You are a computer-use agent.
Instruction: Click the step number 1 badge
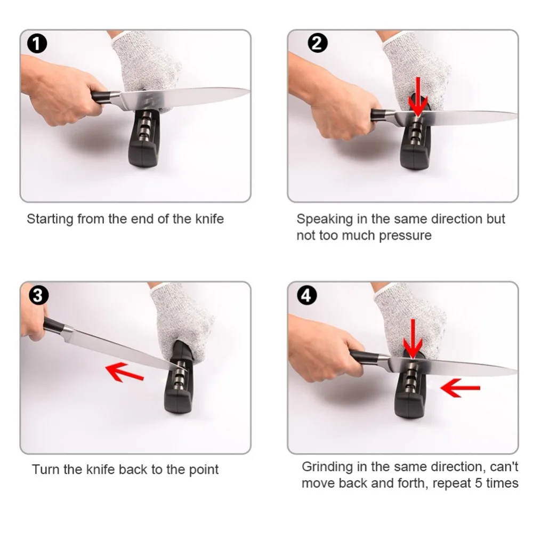[37, 44]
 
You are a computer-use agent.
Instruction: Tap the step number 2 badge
[317, 43]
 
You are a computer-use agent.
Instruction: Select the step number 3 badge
[38, 295]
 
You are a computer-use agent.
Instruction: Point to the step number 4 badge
[306, 295]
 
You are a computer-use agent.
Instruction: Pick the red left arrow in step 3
[124, 372]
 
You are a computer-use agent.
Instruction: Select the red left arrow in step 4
[460, 388]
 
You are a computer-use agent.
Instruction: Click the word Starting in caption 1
[50, 219]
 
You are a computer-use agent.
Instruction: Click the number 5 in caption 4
[478, 483]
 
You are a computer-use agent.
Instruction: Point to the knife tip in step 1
[249, 91]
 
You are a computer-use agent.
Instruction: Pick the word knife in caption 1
[209, 219]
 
